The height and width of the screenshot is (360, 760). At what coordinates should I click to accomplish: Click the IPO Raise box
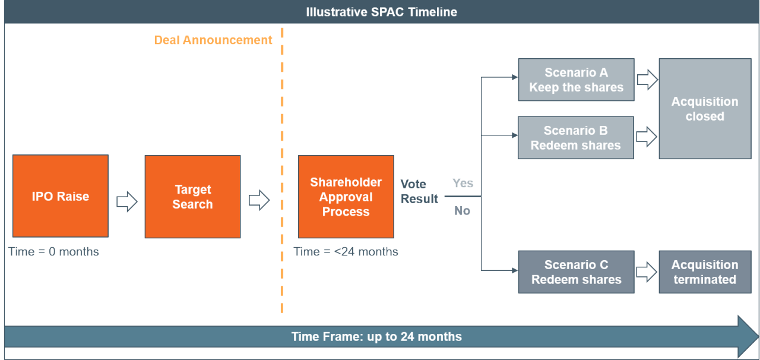click(61, 196)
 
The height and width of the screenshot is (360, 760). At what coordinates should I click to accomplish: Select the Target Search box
click(193, 197)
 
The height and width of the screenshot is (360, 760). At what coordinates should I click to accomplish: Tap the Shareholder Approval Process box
click(346, 197)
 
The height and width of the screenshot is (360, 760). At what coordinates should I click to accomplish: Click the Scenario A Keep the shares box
click(576, 80)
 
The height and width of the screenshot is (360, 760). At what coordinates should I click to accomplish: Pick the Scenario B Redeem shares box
click(576, 138)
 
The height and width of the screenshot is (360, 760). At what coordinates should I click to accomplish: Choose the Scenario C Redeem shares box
click(576, 272)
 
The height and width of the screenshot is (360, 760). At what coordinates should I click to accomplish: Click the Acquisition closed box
click(705, 109)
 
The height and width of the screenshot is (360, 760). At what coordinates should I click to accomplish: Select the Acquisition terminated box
click(705, 272)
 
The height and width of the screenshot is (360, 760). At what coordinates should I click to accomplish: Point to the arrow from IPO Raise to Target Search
click(127, 201)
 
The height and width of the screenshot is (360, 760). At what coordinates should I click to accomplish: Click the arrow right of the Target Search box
click(259, 200)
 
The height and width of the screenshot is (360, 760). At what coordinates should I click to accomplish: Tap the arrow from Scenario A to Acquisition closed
click(647, 80)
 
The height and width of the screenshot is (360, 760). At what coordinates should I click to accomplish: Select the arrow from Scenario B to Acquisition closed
click(647, 137)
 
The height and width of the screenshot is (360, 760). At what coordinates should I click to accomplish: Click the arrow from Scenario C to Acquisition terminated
click(647, 272)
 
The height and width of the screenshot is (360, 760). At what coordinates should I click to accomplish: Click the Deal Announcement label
click(213, 40)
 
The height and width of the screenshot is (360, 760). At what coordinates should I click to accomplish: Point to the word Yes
click(463, 184)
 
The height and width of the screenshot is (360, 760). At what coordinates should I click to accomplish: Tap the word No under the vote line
click(462, 211)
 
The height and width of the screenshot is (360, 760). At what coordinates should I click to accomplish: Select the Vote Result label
click(419, 191)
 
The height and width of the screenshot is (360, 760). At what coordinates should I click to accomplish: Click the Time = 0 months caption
click(53, 252)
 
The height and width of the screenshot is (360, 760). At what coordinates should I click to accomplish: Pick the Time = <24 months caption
click(346, 252)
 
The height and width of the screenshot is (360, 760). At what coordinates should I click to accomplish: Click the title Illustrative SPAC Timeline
click(382, 12)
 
